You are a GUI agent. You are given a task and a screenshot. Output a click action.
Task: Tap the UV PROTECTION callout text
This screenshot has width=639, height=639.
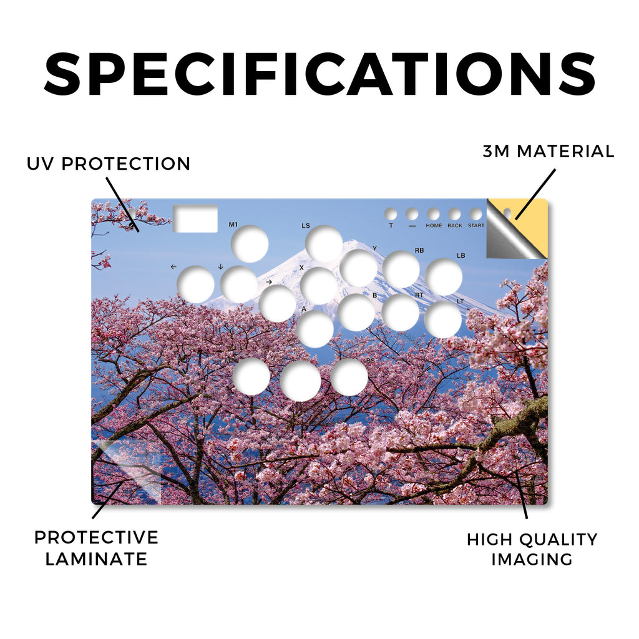pos(109,164)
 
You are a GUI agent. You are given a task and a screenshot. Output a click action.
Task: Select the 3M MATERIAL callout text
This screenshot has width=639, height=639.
pos(549,151)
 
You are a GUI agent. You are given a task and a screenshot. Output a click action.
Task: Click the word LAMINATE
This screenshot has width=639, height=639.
pos(96,559)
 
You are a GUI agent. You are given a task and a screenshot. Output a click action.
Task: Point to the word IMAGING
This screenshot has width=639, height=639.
pos(532,559)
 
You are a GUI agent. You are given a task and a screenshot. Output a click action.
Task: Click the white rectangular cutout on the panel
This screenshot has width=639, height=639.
pos(195,218)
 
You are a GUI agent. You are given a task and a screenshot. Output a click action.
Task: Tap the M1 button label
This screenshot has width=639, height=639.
pos(233,225)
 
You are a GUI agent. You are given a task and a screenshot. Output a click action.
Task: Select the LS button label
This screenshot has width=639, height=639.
pos(306,225)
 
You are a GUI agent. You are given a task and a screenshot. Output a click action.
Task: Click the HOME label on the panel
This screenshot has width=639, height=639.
pos(434,225)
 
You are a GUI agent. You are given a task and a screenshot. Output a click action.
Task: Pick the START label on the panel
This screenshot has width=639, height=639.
pos(476,225)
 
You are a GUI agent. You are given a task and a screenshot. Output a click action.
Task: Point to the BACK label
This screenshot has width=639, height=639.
pos(455,225)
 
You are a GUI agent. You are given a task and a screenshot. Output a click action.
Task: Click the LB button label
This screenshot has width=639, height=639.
pos(461,255)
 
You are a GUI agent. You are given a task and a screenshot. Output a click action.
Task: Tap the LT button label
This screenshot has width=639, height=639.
pos(461,301)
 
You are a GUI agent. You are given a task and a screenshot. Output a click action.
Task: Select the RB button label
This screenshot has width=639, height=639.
pos(419,250)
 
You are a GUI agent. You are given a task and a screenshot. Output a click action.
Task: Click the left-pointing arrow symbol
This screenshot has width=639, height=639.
pos(173,267)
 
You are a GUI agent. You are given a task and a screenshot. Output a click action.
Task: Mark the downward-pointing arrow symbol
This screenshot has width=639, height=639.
pos(220,266)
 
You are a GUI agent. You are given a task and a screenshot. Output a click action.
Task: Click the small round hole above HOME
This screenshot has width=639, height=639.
pos(433,213)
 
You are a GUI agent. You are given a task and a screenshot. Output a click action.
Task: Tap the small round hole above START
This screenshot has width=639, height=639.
pos(476,213)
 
